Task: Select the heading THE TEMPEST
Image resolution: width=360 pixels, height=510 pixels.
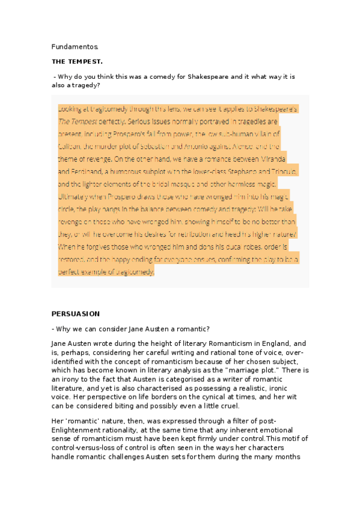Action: pos(77,61)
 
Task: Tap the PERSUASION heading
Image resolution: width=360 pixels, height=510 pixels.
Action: pos(76,314)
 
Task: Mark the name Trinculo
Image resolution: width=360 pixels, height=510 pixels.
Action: pos(279,171)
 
